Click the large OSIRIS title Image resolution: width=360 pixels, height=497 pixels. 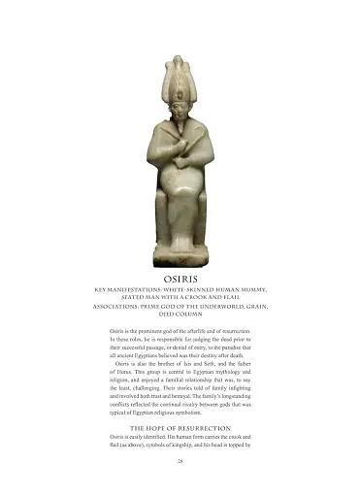click(x=180, y=278)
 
